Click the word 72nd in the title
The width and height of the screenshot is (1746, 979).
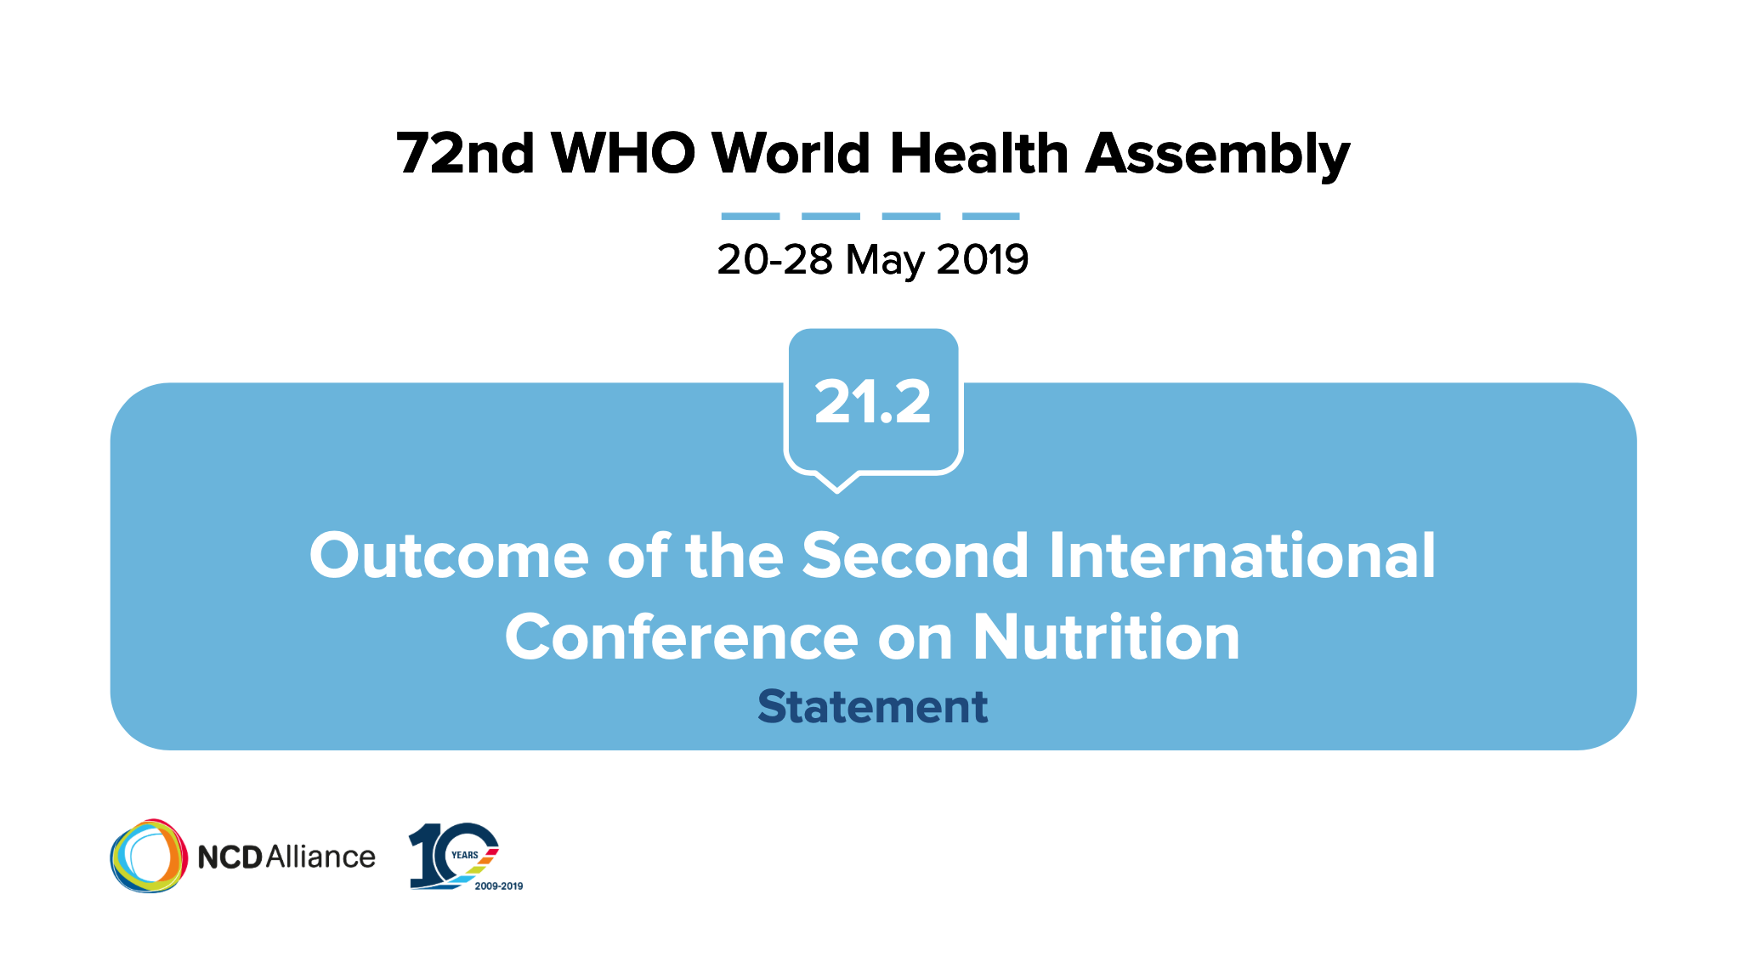pos(465,154)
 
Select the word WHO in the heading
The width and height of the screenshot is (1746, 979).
pos(623,154)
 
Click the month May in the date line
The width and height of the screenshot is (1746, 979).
pos(884,261)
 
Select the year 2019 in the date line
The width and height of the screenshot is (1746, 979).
pos(983,259)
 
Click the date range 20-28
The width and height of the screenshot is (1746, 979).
pos(774,259)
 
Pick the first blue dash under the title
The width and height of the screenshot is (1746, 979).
pos(751,216)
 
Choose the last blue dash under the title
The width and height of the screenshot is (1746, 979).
pos(991,216)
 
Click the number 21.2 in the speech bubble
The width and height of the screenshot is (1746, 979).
pos(873,402)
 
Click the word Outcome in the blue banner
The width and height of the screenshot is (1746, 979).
pos(449,556)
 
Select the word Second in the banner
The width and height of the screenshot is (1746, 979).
pos(916,556)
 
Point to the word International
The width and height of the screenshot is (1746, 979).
pos(1242,556)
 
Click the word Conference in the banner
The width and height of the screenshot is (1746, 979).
pos(682,637)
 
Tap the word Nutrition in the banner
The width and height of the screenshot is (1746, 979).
pos(1106,637)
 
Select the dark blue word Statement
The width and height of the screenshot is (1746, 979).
pos(873,707)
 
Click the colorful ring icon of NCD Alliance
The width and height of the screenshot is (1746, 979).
pos(149,856)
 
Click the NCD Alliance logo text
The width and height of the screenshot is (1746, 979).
pos(286,857)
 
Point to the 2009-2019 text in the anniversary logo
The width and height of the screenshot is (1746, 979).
pos(499,886)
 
